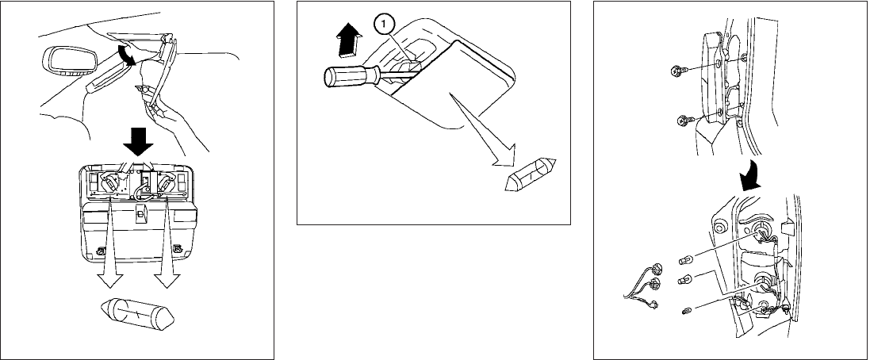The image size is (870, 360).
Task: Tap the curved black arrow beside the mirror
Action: pyautogui.click(x=125, y=55)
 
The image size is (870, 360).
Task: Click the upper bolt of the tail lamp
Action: pyautogui.click(x=676, y=71)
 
